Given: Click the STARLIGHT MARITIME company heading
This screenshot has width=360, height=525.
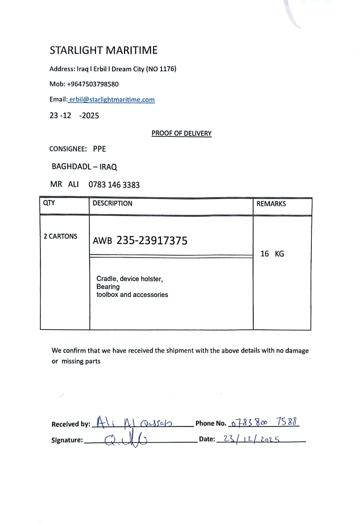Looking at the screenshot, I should pos(104,50).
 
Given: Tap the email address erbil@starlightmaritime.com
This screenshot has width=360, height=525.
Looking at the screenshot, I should pos(112,100).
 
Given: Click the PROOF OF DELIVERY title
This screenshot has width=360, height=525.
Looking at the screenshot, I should pos(181,133).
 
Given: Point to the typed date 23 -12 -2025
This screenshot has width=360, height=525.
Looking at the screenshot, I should pos(74,116).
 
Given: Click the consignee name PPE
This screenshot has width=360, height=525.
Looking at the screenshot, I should pos(99,149).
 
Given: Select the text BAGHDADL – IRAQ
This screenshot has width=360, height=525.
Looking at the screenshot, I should pos(84,167).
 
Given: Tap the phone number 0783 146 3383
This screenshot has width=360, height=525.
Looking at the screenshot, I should pos(114,185).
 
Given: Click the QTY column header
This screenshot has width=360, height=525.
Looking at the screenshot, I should pos(49,203).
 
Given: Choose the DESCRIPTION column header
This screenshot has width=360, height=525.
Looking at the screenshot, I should pos(112,203).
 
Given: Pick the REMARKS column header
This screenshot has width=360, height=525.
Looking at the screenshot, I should pos(271,204).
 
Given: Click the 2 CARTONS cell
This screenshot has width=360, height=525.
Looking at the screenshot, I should pos(60,236).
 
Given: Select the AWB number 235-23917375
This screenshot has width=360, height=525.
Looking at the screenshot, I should pos(152,240).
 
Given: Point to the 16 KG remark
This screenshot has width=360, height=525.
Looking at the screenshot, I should pos(272,254).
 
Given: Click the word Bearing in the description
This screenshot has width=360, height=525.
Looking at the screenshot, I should pos(108,287).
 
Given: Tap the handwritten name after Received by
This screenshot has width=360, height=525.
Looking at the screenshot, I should pos(134,422).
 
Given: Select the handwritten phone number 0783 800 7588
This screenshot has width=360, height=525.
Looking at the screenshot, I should pos(264,422).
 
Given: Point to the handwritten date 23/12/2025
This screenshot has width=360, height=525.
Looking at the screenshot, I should pos(251,439).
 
